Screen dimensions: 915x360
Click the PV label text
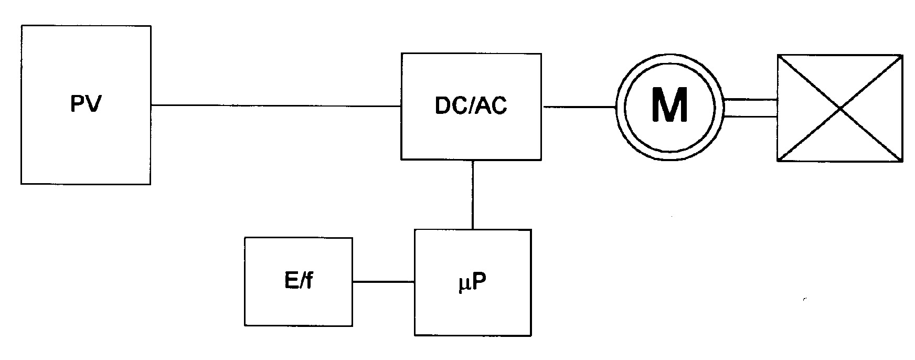pyautogui.click(x=86, y=105)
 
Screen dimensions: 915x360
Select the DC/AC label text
pyautogui.click(x=471, y=106)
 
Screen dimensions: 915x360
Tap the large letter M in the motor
pyautogui.click(x=669, y=105)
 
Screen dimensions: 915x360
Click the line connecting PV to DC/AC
pyautogui.click(x=276, y=105)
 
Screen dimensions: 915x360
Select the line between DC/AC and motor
pyautogui.click(x=579, y=107)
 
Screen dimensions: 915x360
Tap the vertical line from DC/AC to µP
pyautogui.click(x=473, y=194)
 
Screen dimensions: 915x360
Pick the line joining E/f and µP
pyautogui.click(x=384, y=282)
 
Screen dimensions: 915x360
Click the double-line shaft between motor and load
pyautogui.click(x=750, y=107)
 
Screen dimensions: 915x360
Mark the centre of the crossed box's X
pyautogui.click(x=840, y=108)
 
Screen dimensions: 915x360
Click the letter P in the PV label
pyautogui.click(x=78, y=105)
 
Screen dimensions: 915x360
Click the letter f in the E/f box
pyautogui.click(x=310, y=282)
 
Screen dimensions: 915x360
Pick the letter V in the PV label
pyautogui.click(x=93, y=105)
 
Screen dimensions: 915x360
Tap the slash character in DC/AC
pyautogui.click(x=471, y=106)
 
